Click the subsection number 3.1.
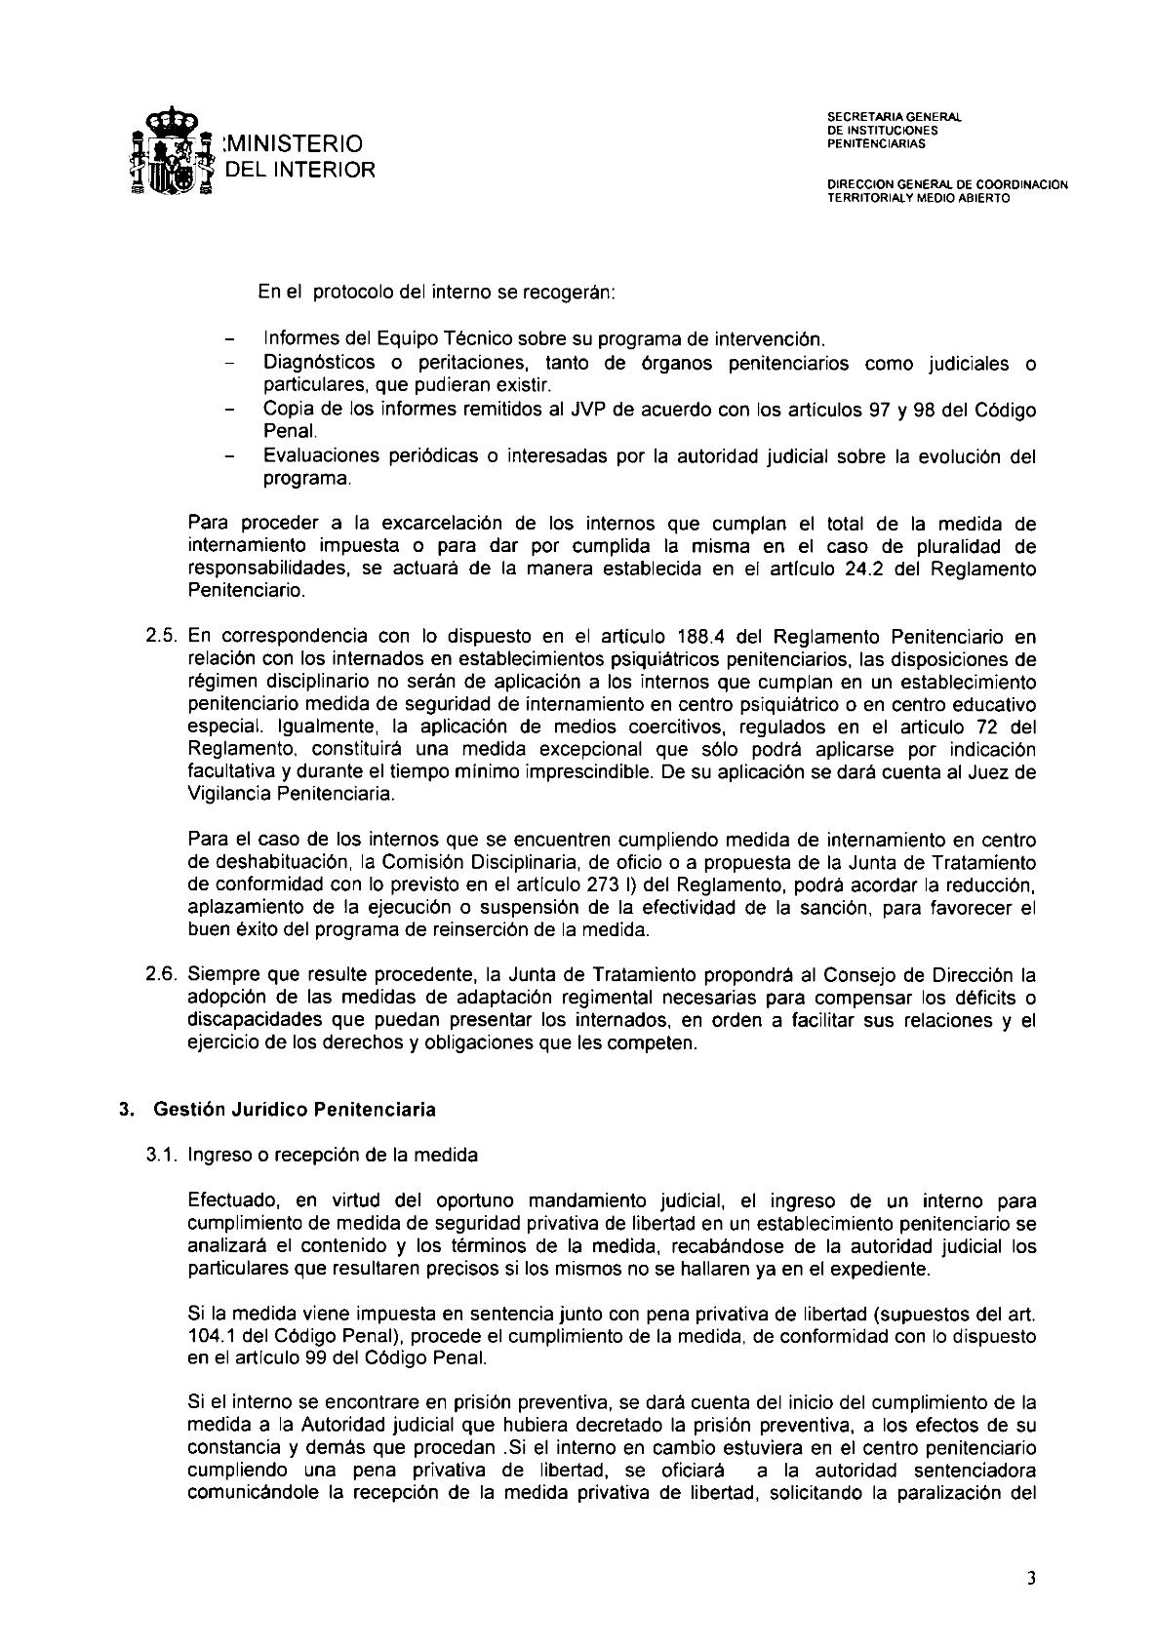pyautogui.click(x=161, y=1156)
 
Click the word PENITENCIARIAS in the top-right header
pyautogui.click(x=875, y=144)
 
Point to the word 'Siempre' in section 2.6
pyautogui.click(x=219, y=975)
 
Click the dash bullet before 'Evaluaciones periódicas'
pyautogui.click(x=231, y=457)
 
